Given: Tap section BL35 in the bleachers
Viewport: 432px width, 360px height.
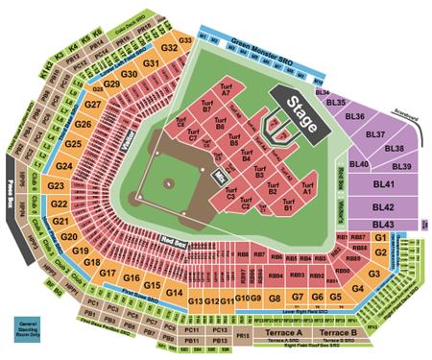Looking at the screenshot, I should click(335, 101).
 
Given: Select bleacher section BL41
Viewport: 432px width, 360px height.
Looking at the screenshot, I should click(384, 184).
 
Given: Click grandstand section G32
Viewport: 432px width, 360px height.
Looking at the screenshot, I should click(169, 47).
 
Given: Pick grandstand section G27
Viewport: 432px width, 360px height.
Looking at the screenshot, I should click(93, 105).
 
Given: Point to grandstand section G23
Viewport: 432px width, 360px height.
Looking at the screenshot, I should click(55, 184).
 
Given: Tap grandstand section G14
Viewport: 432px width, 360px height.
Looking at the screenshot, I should click(174, 293).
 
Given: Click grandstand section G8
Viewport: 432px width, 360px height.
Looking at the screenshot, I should click(275, 300).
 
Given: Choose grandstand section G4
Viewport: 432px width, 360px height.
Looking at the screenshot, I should click(357, 287).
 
